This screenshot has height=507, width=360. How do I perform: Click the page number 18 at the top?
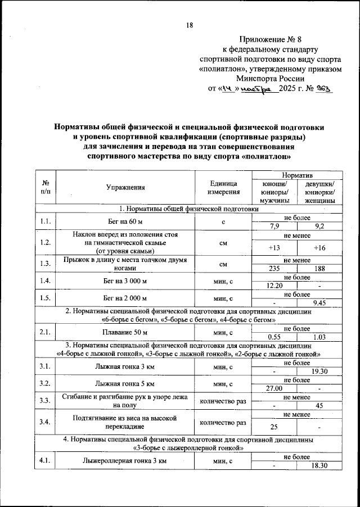[189, 25]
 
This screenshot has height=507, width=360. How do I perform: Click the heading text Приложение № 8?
[271, 39]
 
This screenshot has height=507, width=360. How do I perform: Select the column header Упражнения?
[125, 188]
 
